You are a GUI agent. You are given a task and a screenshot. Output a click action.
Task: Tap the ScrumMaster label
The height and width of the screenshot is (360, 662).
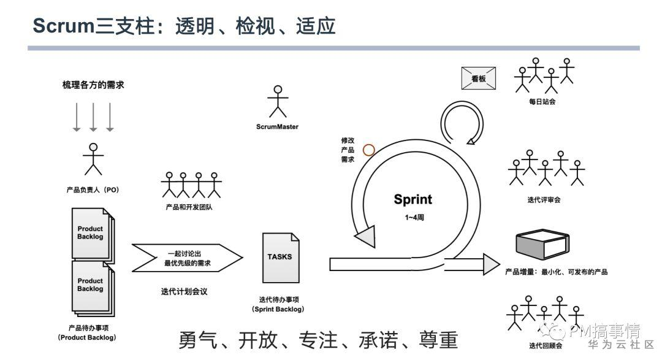click(277, 127)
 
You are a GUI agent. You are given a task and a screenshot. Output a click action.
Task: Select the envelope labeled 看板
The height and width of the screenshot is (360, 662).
click(478, 79)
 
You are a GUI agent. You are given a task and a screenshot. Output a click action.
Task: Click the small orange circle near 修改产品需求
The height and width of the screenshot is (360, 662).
click(368, 149)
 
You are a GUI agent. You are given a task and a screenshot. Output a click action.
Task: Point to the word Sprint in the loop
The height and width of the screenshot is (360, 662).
click(413, 199)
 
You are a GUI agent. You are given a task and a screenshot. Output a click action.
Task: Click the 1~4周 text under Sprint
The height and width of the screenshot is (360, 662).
click(413, 217)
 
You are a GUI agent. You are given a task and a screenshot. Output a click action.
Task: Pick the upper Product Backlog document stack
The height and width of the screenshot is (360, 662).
click(92, 233)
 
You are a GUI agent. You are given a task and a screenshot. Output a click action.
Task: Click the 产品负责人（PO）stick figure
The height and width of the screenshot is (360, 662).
click(93, 159)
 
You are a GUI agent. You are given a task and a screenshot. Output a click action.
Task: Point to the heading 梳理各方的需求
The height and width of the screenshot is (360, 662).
click(93, 85)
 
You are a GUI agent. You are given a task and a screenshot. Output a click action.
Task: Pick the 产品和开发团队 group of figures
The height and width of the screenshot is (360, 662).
click(191, 183)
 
